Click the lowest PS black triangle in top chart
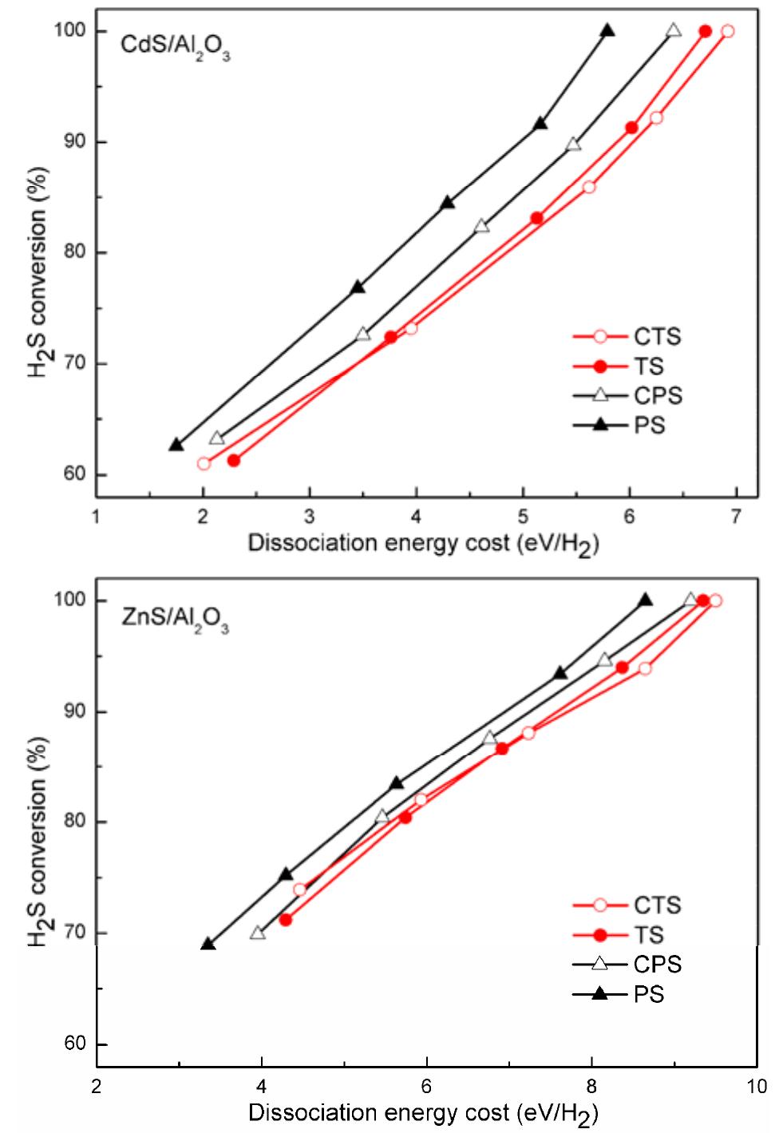tap(176, 445)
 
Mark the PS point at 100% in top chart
tap(607, 31)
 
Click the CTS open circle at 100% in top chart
tap(727, 31)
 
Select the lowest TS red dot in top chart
tap(234, 460)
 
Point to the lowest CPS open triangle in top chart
tap(216, 438)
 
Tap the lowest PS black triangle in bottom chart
tap(208, 944)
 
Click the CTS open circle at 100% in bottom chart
tap(715, 600)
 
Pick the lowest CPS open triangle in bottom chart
tap(257, 933)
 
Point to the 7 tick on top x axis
tap(735, 516)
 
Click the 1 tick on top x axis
tap(97, 516)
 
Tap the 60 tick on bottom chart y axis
tap(73, 1044)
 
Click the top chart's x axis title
tap(423, 545)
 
